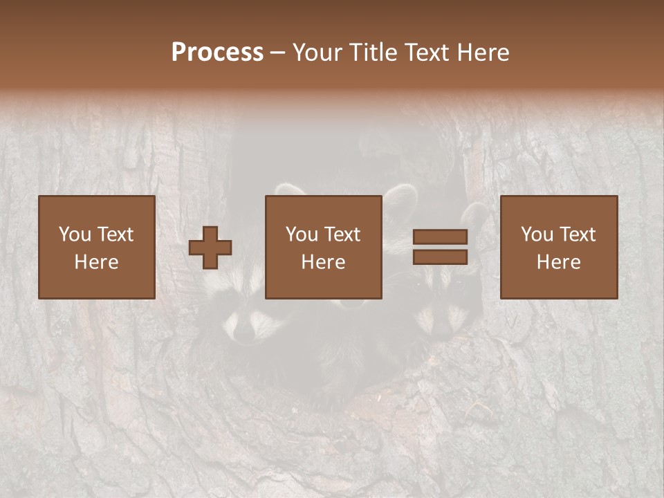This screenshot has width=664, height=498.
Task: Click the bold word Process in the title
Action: (x=217, y=53)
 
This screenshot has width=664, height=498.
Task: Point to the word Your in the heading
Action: (x=318, y=53)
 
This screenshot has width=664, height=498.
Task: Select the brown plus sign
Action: (x=210, y=248)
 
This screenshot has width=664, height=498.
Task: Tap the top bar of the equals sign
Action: (x=440, y=237)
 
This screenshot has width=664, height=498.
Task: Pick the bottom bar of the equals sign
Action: (x=440, y=257)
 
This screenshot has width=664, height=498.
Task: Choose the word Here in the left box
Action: (x=96, y=262)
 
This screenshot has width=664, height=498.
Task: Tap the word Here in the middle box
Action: (x=324, y=262)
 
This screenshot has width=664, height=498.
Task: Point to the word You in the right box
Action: (x=537, y=234)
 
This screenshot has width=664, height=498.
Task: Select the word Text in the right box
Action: (x=578, y=234)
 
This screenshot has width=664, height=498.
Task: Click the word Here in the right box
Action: (x=558, y=262)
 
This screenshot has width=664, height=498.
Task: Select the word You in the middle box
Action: (x=302, y=234)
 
